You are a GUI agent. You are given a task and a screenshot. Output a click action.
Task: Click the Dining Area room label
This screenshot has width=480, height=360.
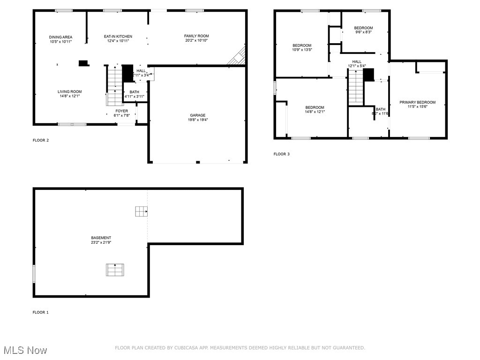click(x=60, y=37)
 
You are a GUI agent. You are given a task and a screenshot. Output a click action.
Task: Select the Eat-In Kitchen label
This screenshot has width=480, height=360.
click(x=118, y=37)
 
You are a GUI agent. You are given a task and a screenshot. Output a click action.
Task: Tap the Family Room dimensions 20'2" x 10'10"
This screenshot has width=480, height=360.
click(x=196, y=41)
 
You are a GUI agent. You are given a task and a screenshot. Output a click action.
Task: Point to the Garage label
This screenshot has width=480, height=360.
click(x=197, y=115)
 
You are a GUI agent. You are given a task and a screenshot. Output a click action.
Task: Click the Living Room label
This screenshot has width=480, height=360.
click(x=69, y=92)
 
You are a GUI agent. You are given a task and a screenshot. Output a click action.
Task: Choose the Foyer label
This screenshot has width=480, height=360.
click(x=121, y=111)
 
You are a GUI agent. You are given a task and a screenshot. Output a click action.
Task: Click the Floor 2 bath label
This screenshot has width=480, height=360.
click(x=134, y=92)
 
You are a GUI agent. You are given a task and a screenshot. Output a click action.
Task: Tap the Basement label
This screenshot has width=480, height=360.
click(x=101, y=238)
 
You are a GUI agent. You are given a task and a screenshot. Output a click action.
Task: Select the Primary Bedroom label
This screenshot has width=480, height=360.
click(x=417, y=102)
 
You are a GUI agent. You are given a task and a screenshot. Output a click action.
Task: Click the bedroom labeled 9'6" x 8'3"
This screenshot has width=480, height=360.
click(x=363, y=30)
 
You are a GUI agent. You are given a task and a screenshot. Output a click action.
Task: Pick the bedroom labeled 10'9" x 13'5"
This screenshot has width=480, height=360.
click(x=301, y=47)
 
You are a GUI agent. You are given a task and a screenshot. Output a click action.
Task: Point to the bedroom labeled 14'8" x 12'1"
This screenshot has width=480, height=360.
click(x=315, y=110)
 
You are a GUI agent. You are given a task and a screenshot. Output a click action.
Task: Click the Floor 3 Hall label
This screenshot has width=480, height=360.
click(x=357, y=61)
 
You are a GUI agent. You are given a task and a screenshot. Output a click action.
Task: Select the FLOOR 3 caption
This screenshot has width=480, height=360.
click(x=281, y=154)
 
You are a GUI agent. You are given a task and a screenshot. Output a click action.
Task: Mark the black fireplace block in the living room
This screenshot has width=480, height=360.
click(x=83, y=63)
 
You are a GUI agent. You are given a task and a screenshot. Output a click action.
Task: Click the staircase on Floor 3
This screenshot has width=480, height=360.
click(x=356, y=87)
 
